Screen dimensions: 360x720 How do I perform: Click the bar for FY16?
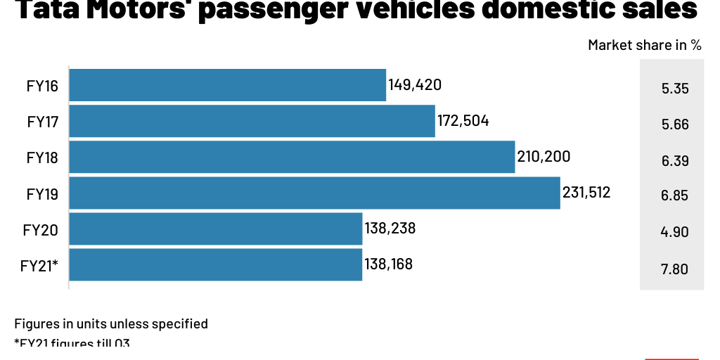227,85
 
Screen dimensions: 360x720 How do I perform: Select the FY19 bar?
314,193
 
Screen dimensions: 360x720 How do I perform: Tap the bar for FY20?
215,229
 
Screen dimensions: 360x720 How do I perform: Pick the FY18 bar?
292,157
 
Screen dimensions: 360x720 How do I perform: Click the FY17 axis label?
42,122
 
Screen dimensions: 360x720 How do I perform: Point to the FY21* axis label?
39,266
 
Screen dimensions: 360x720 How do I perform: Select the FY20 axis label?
40,230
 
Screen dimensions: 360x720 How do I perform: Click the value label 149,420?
415,85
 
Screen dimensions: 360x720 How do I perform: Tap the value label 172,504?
463,121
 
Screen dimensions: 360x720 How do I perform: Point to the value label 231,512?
586,193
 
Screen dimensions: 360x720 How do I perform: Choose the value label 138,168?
388,264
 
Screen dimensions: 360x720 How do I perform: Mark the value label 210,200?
544,157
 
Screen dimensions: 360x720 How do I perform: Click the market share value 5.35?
674,89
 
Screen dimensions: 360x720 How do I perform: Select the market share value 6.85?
674,196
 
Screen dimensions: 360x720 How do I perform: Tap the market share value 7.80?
674,269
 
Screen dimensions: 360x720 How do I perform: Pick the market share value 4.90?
674,232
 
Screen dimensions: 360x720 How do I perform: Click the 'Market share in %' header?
644,45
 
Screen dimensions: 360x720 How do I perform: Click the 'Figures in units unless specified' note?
111,323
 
